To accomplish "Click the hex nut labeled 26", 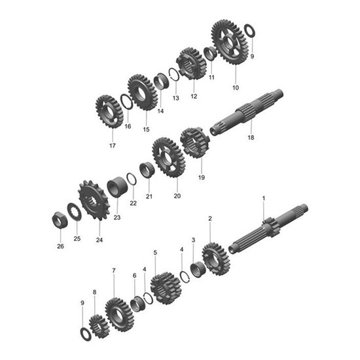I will pyautogui.click(x=59, y=218).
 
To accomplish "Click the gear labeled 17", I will pyautogui.click(x=109, y=112).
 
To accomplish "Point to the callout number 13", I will pyautogui.click(x=175, y=98).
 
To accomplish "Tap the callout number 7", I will pyautogui.click(x=114, y=270).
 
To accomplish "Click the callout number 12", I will pyautogui.click(x=194, y=96).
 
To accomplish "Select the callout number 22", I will pyautogui.click(x=134, y=204).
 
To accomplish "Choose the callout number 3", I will pyautogui.click(x=193, y=240).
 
